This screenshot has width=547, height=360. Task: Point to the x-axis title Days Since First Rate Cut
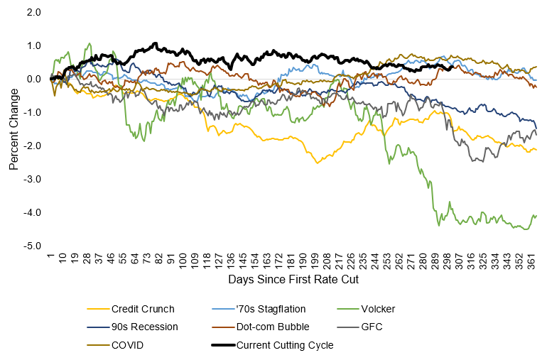[x=293, y=280]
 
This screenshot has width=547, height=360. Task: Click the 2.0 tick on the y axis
[x=33, y=12]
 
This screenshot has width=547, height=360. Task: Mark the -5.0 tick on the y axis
[x=31, y=246]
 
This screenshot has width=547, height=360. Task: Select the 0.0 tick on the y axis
[x=33, y=79]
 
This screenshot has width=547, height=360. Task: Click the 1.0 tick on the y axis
[x=33, y=45]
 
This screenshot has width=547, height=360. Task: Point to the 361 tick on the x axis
[x=531, y=260]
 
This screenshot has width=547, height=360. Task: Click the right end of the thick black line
[x=452, y=69]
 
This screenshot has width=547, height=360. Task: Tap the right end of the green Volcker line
[x=536, y=215]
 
